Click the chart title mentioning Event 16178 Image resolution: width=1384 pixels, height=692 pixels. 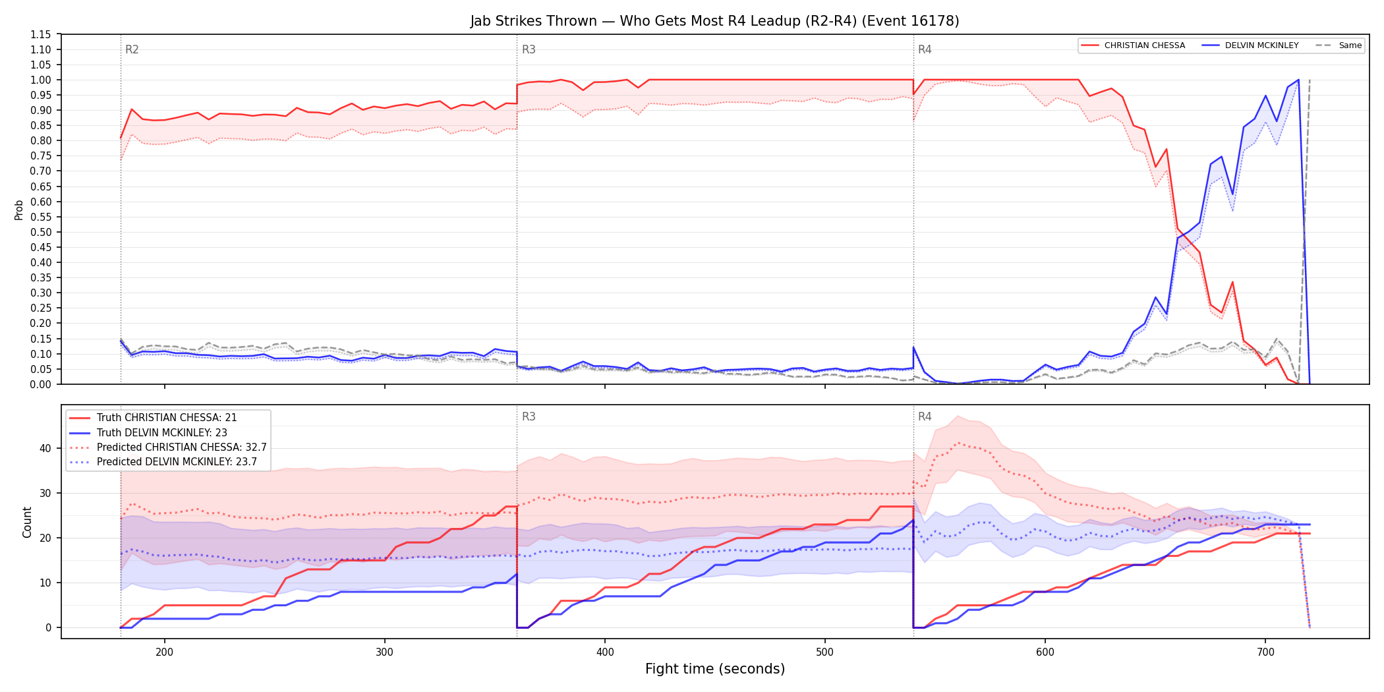coord(714,21)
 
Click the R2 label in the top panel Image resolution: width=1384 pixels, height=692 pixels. coord(132,49)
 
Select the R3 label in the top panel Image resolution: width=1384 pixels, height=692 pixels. coord(529,49)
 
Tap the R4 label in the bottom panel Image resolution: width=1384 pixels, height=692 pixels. coord(925,417)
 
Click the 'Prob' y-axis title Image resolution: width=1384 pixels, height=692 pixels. coord(19,210)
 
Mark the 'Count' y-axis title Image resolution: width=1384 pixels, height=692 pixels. coord(27,522)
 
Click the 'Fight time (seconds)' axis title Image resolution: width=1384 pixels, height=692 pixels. coord(715,669)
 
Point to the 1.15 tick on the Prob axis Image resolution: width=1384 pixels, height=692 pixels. coord(41,34)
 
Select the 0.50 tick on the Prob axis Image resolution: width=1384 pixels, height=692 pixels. coord(41,232)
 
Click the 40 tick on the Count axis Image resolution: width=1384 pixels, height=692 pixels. coord(45,448)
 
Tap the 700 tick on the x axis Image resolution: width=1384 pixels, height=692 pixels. coord(1265,652)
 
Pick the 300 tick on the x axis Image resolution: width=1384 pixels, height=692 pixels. coord(385,652)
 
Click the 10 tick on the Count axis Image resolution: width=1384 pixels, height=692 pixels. coord(45,583)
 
